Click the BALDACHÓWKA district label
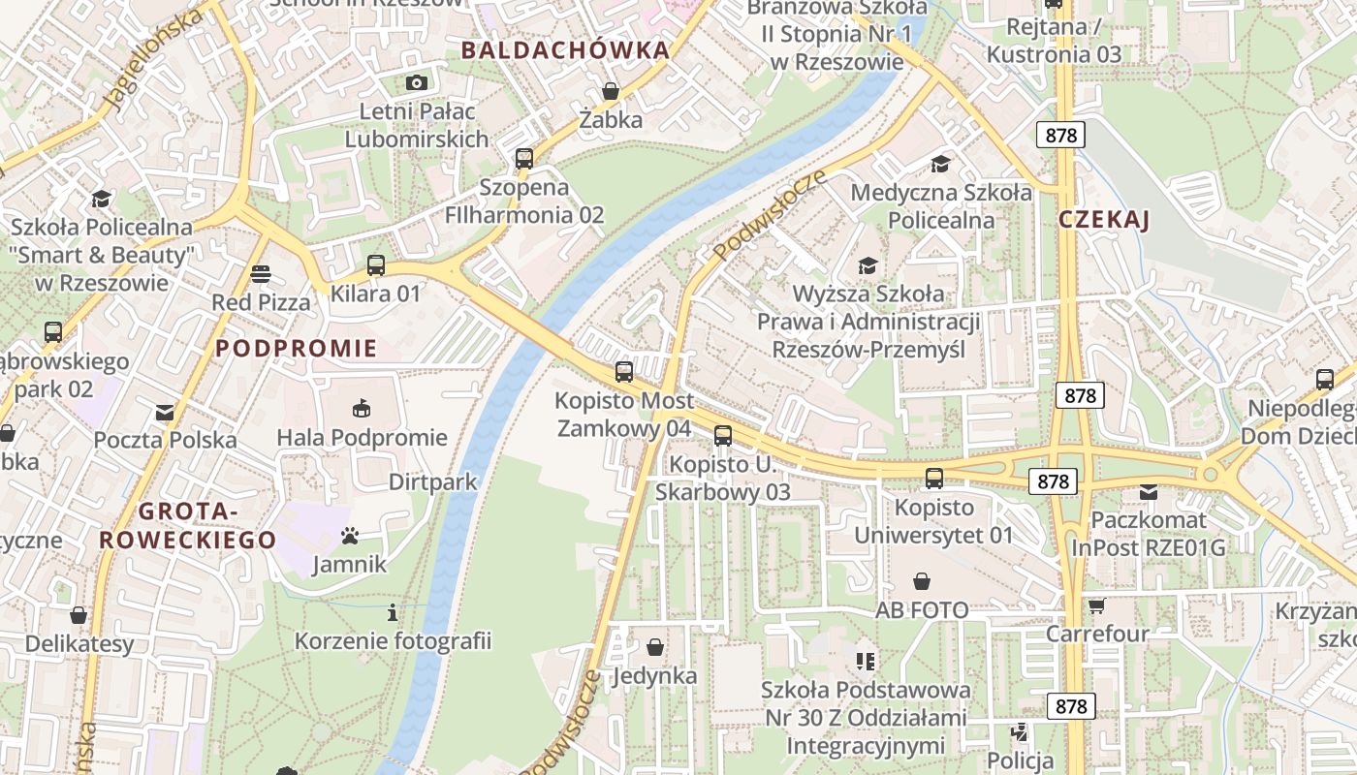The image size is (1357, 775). (x=565, y=50)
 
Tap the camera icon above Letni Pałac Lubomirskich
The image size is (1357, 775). (x=417, y=82)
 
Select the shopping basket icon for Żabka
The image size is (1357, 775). (x=611, y=92)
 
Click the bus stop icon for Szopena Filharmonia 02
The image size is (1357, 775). (x=524, y=158)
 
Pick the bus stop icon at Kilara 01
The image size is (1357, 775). (x=376, y=264)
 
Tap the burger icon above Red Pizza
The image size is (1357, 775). (x=260, y=273)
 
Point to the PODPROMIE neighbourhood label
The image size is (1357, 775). (x=297, y=349)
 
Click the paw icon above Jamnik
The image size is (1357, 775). (x=350, y=535)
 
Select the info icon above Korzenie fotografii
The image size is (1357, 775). (x=393, y=612)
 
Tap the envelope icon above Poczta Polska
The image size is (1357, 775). (x=165, y=412)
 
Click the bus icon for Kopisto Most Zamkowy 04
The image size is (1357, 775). (x=624, y=371)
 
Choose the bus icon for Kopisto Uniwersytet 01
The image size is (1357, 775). (x=934, y=478)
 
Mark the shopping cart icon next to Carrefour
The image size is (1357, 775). (x=1096, y=605)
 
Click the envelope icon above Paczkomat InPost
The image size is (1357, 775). (x=1149, y=492)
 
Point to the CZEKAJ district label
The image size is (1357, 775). (x=1104, y=220)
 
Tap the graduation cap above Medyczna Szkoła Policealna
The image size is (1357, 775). (x=940, y=164)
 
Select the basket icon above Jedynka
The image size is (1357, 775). (x=655, y=646)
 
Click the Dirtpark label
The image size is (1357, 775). (x=433, y=481)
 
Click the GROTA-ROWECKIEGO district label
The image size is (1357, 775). (x=188, y=526)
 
